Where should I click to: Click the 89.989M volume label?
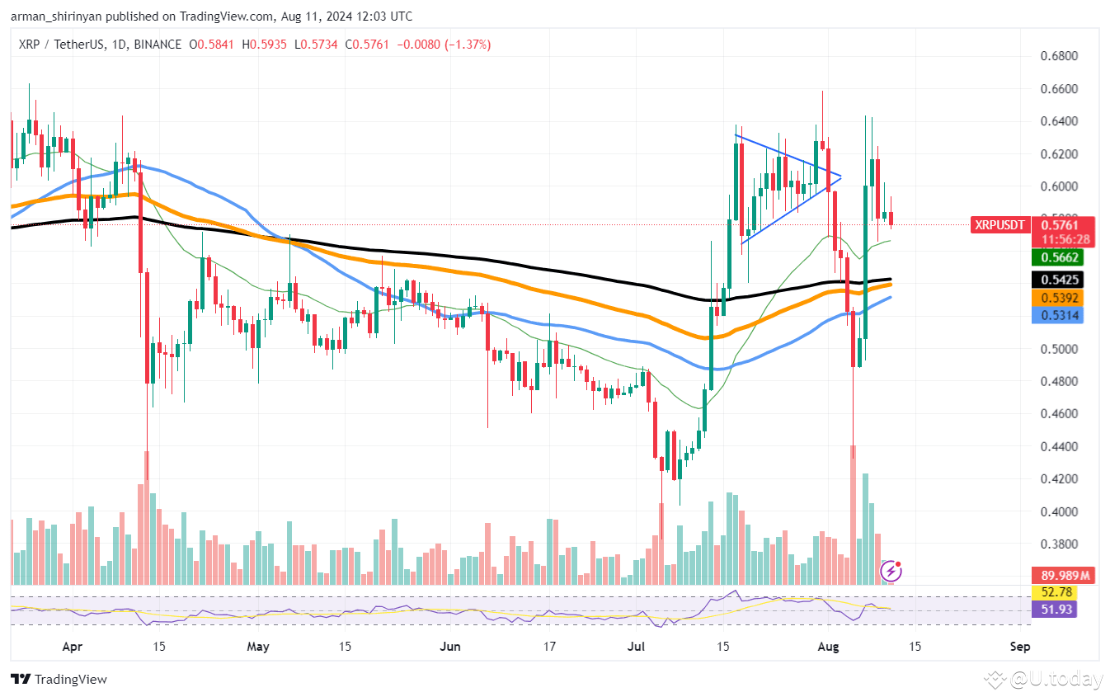pyautogui.click(x=1065, y=575)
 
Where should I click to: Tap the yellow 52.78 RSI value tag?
pyautogui.click(x=1055, y=592)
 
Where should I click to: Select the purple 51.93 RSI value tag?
pyautogui.click(x=1055, y=610)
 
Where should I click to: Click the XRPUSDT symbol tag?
pyautogui.click(x=999, y=224)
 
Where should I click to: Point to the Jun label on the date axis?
pyautogui.click(x=450, y=647)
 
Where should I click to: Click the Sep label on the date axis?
pyautogui.click(x=1019, y=647)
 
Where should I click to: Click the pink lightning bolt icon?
pyautogui.click(x=891, y=571)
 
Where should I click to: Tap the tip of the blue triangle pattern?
pyautogui.click(x=840, y=176)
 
